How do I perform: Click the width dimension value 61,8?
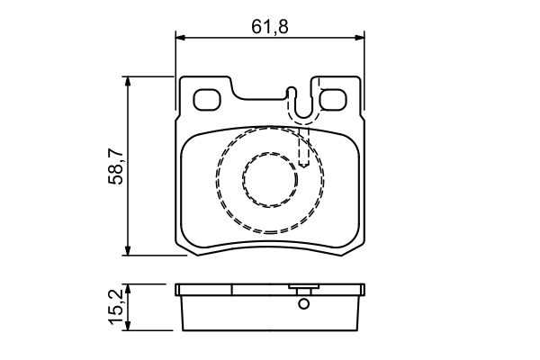[x=270, y=27]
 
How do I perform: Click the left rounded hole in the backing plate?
[x=208, y=100]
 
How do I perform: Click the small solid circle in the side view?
[x=303, y=304]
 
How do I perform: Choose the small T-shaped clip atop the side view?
[x=303, y=290]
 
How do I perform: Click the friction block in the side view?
[x=270, y=313]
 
